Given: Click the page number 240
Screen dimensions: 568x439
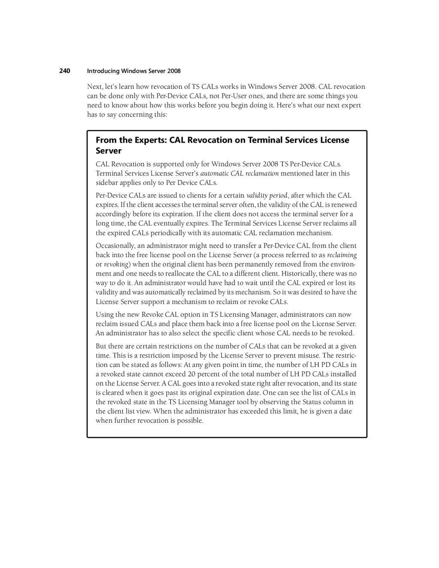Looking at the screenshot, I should pyautogui.click(x=64, y=71).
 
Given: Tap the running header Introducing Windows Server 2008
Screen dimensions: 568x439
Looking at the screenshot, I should pyautogui.click(x=134, y=71).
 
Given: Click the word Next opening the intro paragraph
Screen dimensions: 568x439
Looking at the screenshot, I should pyautogui.click(x=94, y=87).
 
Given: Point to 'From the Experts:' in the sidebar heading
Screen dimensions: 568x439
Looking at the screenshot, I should pyautogui.click(x=131, y=140).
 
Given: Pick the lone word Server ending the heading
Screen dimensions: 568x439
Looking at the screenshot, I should pyautogui.click(x=108, y=151).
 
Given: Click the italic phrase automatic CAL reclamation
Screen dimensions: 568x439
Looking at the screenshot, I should pyautogui.click(x=239, y=174).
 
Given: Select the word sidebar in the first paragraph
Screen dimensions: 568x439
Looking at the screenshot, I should pyautogui.click(x=107, y=183).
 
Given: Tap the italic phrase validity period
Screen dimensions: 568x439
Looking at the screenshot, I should pyautogui.click(x=267, y=195).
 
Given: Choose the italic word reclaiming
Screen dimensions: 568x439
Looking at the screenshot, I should pyautogui.click(x=342, y=255).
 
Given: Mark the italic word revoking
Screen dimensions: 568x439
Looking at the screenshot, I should pyautogui.click(x=116, y=264).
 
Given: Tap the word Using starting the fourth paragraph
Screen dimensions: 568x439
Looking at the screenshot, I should pyautogui.click(x=104, y=315).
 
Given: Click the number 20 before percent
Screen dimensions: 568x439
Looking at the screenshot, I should pyautogui.click(x=191, y=374).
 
